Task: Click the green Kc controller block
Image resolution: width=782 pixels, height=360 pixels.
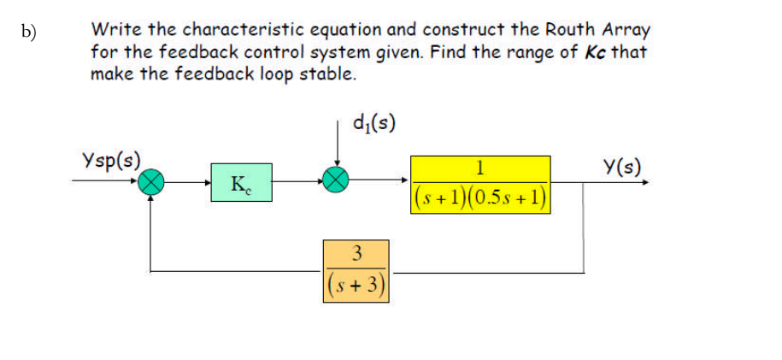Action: point(241,183)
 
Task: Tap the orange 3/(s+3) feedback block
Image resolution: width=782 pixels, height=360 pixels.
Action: point(356,270)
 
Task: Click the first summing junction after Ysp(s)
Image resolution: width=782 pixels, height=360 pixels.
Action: point(152,180)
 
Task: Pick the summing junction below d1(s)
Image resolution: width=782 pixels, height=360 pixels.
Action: point(337,180)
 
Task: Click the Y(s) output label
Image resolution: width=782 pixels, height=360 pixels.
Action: point(621,168)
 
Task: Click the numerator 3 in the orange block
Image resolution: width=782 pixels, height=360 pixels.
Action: point(356,253)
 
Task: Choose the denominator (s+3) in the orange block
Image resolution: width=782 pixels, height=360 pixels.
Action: point(356,284)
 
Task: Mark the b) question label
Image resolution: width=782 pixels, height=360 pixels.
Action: point(31,32)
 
